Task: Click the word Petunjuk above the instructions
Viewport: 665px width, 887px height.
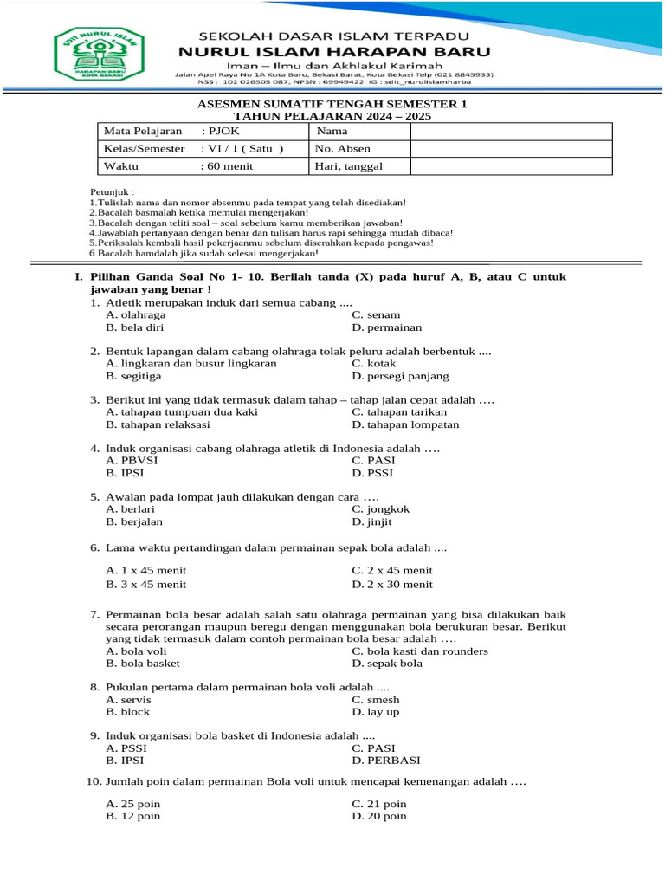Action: [x=113, y=191]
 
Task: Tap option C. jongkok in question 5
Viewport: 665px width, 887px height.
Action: [x=380, y=509]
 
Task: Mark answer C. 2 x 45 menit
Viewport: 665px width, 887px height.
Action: [x=392, y=570]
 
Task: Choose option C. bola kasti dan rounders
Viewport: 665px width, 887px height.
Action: [x=420, y=651]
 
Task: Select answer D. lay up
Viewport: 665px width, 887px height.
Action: [x=376, y=711]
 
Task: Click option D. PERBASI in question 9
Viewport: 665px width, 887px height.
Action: [x=386, y=760]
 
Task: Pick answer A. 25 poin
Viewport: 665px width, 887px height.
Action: [x=132, y=804]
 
